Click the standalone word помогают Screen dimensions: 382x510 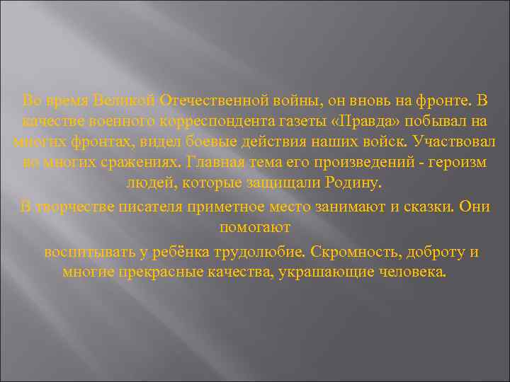coord(255,228)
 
